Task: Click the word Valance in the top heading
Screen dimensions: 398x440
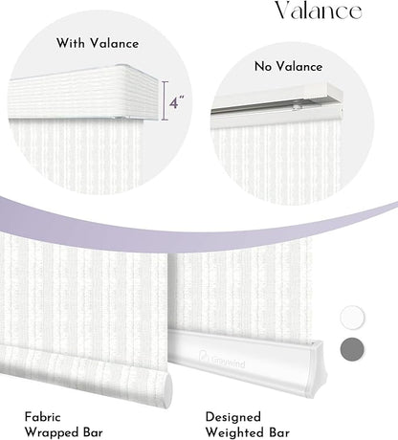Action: tap(319, 11)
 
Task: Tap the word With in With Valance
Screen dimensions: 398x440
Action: tap(71, 43)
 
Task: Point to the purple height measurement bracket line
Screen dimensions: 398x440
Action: tap(165, 100)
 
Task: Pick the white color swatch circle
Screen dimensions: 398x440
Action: tap(352, 317)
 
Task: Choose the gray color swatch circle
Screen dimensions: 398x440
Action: tap(352, 349)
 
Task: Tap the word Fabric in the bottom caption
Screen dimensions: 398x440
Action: tap(42, 417)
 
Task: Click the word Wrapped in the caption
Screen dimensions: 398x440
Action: tap(53, 432)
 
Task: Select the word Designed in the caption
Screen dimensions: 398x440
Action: tap(233, 417)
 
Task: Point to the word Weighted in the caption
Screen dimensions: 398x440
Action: tap(235, 432)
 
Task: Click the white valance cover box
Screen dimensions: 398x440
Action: tap(83, 92)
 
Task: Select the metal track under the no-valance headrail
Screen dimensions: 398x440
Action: tap(276, 106)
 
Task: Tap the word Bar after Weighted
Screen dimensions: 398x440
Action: tap(279, 432)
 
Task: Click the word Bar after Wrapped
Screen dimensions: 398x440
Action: tap(93, 432)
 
